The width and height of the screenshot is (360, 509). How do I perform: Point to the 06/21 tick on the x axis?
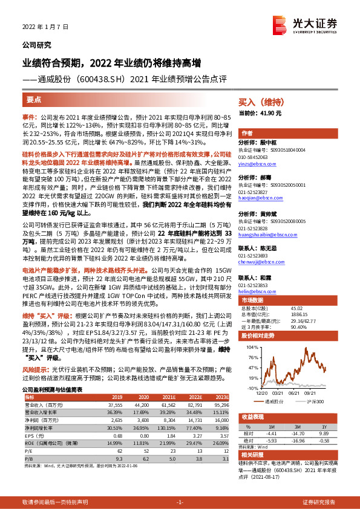point(295,392)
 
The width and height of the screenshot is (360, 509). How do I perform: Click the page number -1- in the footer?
point(179,502)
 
